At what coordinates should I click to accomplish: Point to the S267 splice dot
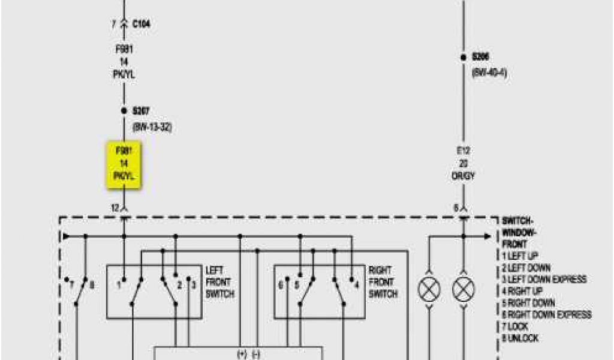[124, 111]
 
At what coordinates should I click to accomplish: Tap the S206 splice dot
[463, 57]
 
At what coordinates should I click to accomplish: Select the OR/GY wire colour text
[463, 175]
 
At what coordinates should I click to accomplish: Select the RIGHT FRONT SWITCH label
[383, 282]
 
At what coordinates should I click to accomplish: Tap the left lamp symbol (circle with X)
[429, 290]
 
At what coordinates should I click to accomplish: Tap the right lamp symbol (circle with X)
[463, 290]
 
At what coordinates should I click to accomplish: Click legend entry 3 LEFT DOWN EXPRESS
[544, 280]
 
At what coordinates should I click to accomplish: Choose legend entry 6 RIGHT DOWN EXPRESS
[547, 315]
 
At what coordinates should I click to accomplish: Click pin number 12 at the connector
[115, 208]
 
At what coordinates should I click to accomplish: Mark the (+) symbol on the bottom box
[242, 354]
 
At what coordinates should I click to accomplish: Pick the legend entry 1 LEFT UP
[520, 256]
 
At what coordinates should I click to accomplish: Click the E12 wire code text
[463, 151]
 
